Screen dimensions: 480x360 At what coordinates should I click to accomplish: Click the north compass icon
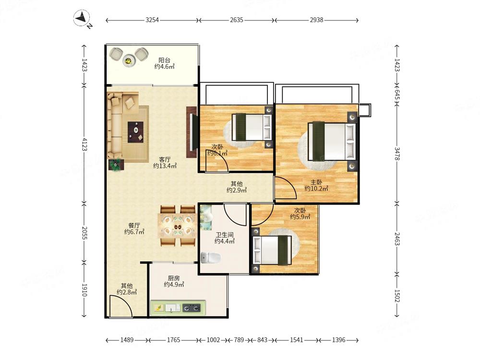click(82, 18)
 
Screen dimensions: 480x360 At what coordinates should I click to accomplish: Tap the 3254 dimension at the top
click(152, 20)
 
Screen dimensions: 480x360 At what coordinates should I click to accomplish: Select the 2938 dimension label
click(316, 20)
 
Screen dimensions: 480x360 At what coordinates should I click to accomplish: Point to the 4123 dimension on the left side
click(84, 144)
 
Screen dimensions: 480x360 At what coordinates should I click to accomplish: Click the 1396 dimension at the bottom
click(338, 340)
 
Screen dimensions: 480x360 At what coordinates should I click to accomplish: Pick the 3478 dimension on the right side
click(397, 154)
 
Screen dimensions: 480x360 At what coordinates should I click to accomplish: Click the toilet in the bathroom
click(211, 258)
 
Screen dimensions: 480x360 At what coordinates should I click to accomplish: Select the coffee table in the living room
click(136, 132)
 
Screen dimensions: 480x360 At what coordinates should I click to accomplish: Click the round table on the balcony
click(129, 60)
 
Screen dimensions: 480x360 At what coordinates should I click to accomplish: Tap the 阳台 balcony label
click(164, 60)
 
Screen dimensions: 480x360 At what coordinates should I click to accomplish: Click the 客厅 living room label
click(165, 159)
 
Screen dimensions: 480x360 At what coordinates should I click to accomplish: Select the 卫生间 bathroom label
click(224, 235)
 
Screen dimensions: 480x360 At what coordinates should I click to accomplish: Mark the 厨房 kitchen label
click(174, 278)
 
